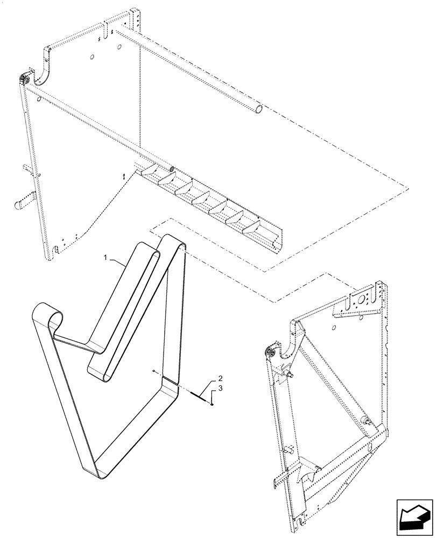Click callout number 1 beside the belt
tap(107, 258)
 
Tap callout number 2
tap(220, 378)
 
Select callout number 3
tap(214, 388)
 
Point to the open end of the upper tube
tap(260, 109)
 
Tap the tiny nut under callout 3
tap(213, 405)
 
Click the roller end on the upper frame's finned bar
tap(173, 169)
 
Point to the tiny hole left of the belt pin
tap(154, 372)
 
